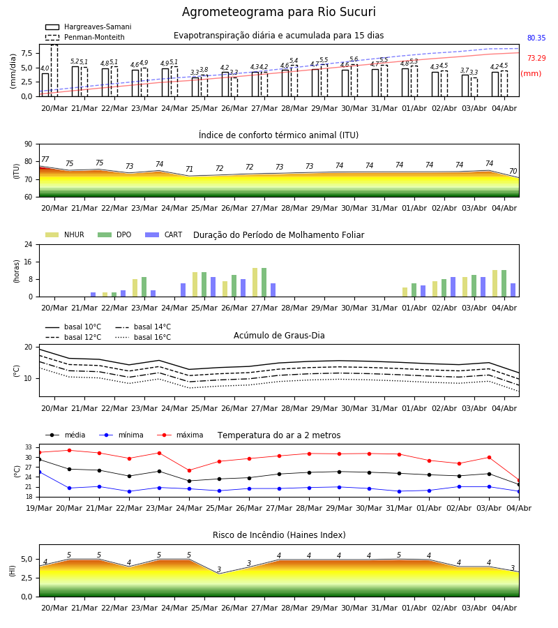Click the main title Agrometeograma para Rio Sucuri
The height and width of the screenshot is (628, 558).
click(278, 12)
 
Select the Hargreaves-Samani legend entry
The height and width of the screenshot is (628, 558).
click(88, 27)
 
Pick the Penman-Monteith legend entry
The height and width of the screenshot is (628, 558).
click(85, 37)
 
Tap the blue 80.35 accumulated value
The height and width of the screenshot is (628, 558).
click(536, 38)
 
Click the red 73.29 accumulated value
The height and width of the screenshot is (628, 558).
click(536, 58)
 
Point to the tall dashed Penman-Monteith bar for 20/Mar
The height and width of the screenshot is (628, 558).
click(54, 70)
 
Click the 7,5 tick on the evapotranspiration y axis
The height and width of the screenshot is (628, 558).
click(27, 53)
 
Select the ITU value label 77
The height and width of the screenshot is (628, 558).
click(45, 159)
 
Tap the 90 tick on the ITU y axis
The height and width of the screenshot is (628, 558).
click(29, 144)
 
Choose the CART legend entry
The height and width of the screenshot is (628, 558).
click(163, 234)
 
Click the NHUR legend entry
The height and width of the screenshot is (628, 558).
click(64, 234)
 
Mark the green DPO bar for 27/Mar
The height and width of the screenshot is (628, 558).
click(264, 283)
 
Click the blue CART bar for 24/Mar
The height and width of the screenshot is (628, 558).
click(183, 290)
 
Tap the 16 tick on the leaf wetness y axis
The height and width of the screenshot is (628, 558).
click(29, 262)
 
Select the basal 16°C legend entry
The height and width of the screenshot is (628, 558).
click(143, 337)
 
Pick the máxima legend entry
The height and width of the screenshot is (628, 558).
click(180, 435)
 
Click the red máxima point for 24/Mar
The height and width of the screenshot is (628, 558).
click(189, 470)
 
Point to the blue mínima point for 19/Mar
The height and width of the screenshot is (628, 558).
click(39, 472)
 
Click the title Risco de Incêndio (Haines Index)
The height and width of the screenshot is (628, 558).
click(279, 535)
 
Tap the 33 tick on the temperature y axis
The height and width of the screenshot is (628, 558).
click(29, 447)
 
